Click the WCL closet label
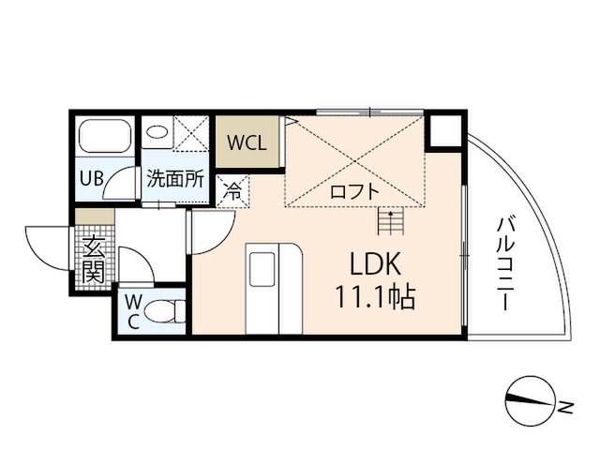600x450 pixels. tap(247, 142)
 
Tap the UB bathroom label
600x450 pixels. tap(91, 178)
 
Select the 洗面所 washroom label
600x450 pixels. tap(175, 178)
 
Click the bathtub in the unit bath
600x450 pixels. tap(105, 137)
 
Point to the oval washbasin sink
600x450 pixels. tap(157, 132)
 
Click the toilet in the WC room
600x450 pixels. tap(165, 311)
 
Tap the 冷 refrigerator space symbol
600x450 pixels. tap(232, 191)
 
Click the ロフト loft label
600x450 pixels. tap(354, 191)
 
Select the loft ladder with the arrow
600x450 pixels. tap(390, 221)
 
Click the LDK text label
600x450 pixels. tap(376, 264)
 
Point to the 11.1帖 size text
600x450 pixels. tap(375, 298)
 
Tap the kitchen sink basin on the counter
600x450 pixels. tap(262, 269)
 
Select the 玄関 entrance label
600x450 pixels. tap(94, 259)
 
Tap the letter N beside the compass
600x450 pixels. tap(565, 407)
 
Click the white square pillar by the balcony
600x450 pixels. tap(445, 130)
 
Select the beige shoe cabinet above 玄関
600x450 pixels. tap(95, 217)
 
